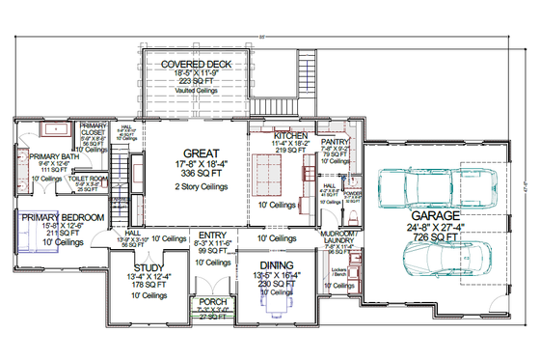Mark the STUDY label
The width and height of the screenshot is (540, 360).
149,269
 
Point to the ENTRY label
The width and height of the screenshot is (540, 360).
211,235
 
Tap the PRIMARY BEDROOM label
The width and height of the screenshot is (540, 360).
63,218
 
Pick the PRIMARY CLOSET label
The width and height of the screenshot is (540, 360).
94,129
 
